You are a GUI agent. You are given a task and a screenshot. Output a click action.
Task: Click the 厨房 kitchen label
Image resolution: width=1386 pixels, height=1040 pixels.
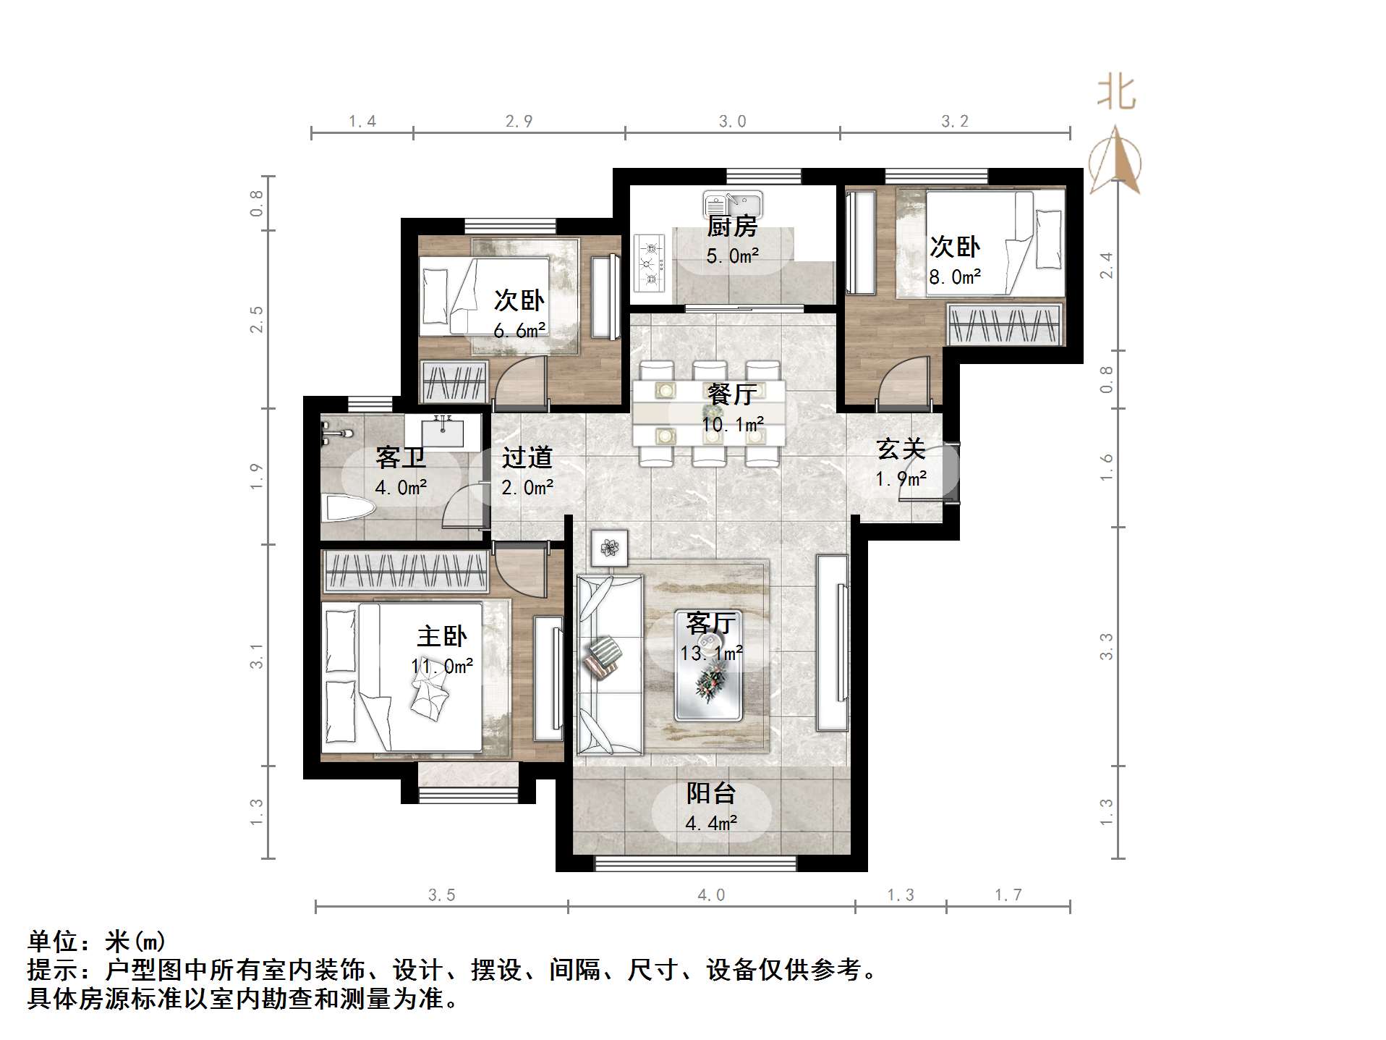(732, 227)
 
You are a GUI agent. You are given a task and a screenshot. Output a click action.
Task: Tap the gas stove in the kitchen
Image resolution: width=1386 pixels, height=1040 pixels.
(650, 263)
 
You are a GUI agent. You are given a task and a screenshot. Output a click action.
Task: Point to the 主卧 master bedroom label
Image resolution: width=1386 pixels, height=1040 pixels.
(441, 637)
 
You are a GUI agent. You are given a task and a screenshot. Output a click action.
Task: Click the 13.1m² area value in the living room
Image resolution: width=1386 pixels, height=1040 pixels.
(711, 654)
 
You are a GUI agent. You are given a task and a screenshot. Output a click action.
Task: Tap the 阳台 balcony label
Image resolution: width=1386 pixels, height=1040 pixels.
(710, 794)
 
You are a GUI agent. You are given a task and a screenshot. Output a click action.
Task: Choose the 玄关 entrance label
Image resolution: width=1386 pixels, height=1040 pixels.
(901, 449)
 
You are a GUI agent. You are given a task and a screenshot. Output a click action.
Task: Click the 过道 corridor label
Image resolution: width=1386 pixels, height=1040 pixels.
(527, 458)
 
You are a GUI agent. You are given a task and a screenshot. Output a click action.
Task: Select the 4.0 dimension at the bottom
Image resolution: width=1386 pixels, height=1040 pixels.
(710, 895)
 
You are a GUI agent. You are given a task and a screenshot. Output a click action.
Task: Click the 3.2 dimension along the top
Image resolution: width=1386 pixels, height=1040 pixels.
(954, 122)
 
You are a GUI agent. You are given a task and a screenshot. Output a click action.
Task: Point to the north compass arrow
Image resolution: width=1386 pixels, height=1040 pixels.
(1115, 159)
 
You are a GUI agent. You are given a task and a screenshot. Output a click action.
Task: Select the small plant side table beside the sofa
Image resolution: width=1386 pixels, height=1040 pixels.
(609, 548)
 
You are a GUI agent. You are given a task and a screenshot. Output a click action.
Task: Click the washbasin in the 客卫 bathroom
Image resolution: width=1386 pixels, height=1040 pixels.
(442, 431)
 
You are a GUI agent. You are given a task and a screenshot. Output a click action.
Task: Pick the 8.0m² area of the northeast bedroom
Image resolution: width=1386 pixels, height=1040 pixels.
(955, 277)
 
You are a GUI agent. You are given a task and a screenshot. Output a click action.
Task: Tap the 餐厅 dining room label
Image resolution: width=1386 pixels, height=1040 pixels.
(732, 394)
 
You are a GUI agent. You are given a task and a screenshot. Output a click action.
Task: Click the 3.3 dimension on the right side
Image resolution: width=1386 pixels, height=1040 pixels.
(1106, 646)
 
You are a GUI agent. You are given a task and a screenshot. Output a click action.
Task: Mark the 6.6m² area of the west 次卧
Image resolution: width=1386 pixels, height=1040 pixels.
(519, 331)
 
